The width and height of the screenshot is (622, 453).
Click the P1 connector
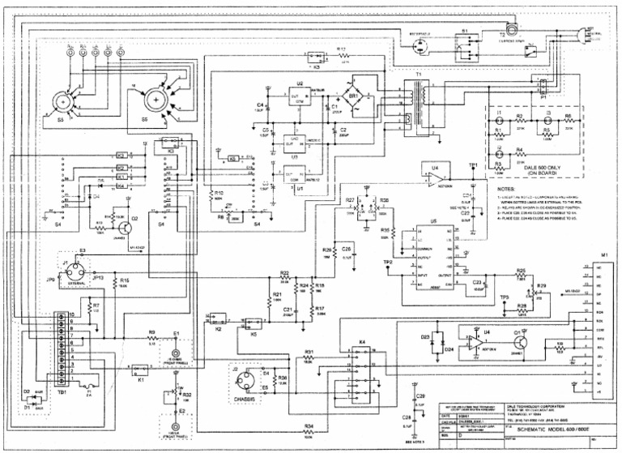544,88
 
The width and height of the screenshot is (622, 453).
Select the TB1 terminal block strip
61,346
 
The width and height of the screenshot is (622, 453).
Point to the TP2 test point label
387,263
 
